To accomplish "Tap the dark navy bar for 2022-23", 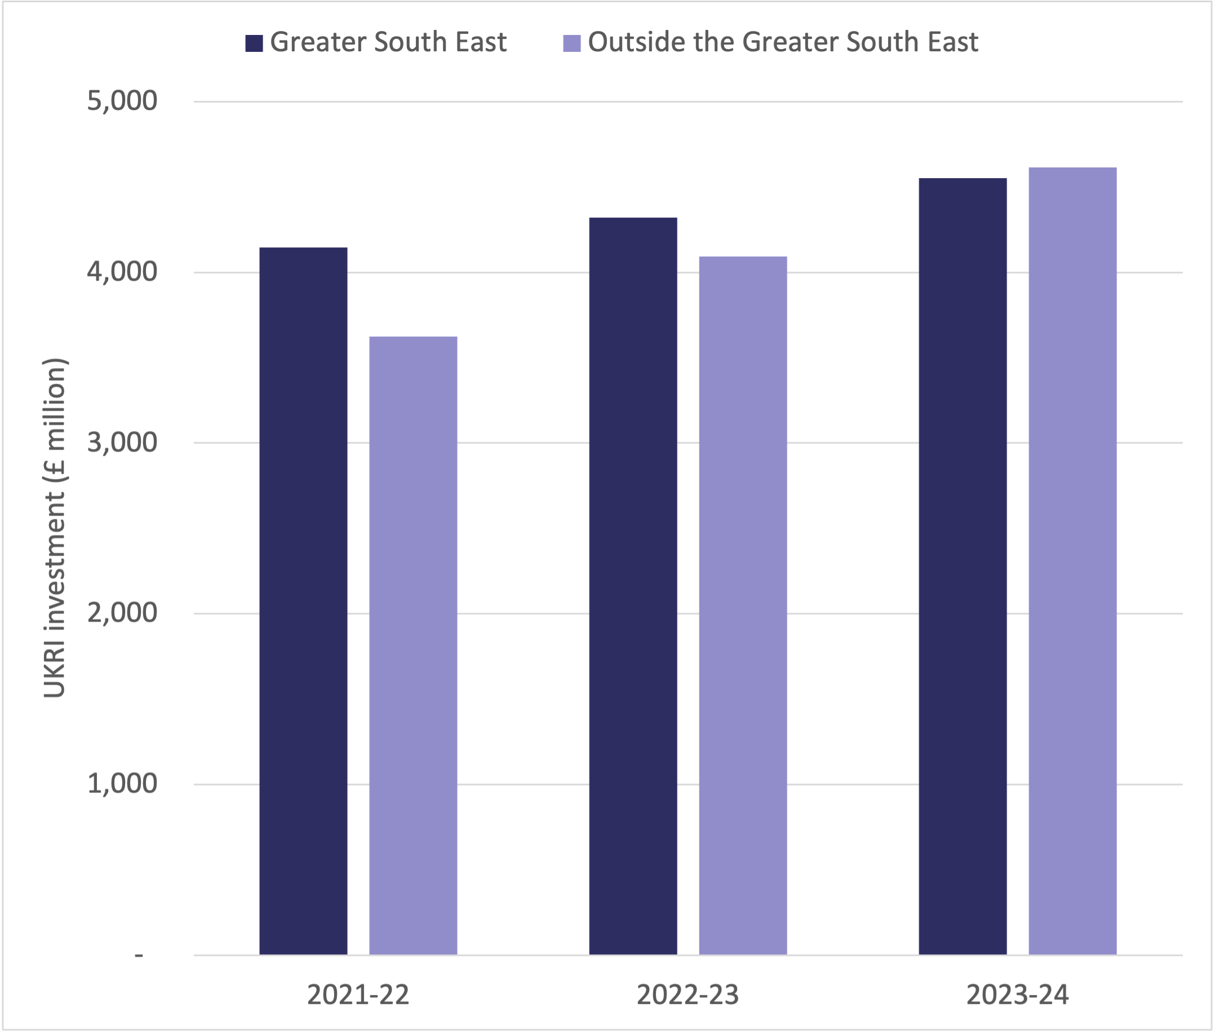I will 633,586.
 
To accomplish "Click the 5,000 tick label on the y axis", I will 122,101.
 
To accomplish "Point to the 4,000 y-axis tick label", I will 122,272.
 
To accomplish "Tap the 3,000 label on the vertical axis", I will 122,443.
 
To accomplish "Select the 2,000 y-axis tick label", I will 122,613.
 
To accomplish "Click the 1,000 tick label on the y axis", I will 122,783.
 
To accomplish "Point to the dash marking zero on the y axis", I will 139,955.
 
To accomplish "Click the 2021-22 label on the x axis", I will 358,995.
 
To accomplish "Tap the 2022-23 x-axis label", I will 687,995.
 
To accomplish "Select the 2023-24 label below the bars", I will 1018,995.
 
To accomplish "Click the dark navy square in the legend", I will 254,43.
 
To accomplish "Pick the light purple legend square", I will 571,43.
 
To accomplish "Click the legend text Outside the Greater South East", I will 783,42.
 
